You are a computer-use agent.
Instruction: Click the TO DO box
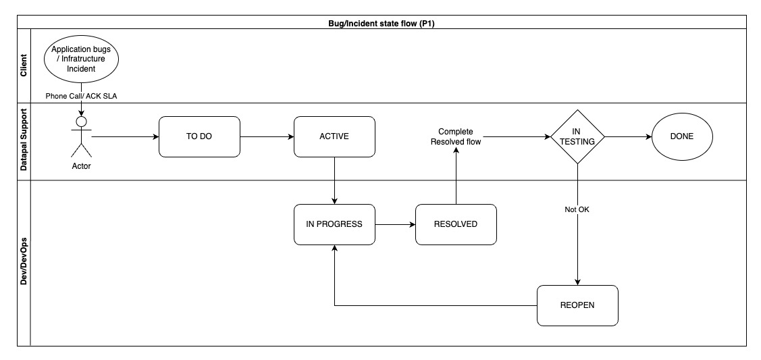click(199, 136)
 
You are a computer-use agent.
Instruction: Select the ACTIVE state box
click(334, 136)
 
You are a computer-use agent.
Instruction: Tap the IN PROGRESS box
click(334, 224)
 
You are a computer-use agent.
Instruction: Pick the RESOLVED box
click(456, 224)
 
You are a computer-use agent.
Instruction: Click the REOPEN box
click(577, 305)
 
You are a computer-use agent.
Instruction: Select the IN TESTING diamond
click(577, 136)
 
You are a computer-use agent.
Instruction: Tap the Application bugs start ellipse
click(82, 59)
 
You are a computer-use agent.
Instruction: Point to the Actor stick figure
click(82, 138)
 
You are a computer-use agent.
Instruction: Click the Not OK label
click(577, 209)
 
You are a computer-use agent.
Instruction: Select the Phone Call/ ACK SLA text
click(82, 95)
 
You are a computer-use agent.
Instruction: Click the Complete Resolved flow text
click(456, 136)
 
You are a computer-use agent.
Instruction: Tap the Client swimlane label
click(24, 65)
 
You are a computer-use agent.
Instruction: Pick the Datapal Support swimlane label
click(24, 141)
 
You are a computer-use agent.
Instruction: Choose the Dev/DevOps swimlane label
click(24, 263)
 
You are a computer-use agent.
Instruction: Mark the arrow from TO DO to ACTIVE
click(267, 136)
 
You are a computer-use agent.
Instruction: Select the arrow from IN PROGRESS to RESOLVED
click(395, 224)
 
